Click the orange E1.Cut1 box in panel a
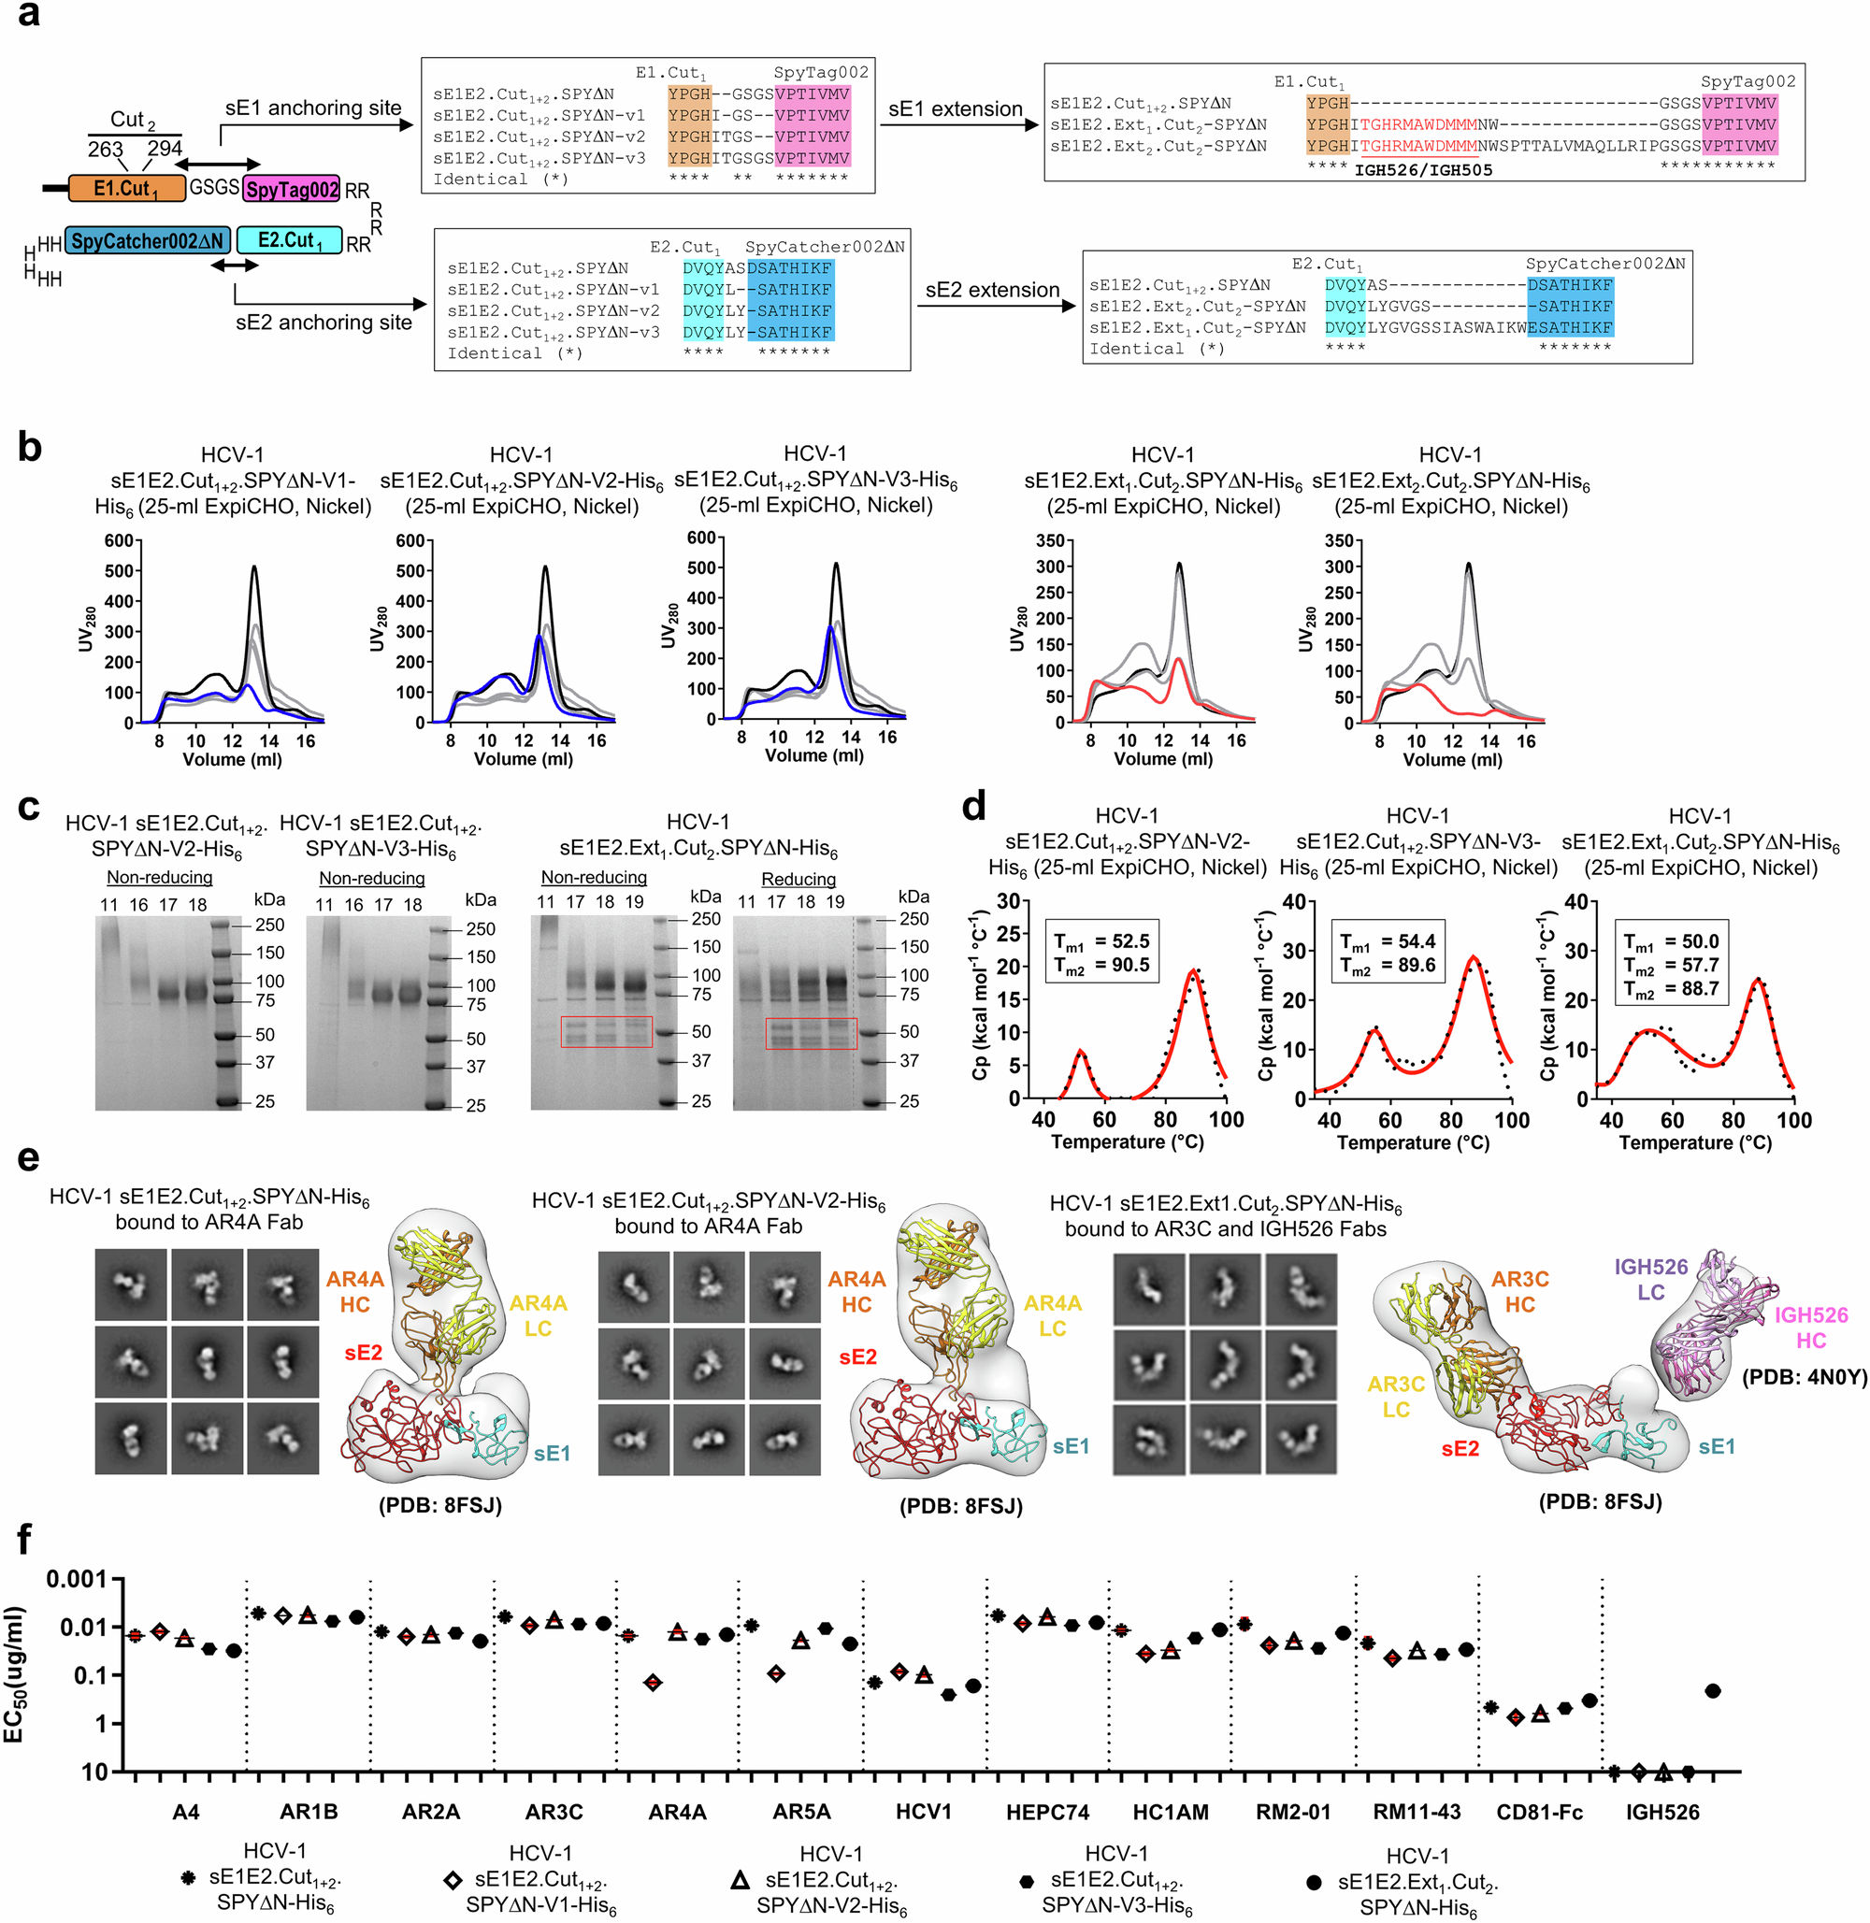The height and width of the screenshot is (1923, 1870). [127, 188]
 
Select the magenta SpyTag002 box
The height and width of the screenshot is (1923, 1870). [291, 189]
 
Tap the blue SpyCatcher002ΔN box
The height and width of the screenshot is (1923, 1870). [148, 240]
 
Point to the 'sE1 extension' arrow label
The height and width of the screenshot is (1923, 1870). [955, 109]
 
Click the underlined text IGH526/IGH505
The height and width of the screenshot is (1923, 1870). [1423, 170]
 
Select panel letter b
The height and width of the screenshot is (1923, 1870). [30, 447]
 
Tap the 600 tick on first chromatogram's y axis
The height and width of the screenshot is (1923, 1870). [119, 540]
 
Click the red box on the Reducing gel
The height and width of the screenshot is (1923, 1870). [811, 1033]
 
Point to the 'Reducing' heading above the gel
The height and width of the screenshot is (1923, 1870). [798, 879]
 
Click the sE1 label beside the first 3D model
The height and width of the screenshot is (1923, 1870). [552, 1453]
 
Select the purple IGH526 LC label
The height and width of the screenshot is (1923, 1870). [1651, 1279]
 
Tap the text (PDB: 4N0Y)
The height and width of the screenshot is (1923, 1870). [1805, 1377]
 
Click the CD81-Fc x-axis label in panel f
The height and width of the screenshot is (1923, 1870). [1539, 1812]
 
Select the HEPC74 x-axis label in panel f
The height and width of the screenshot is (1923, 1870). [1047, 1812]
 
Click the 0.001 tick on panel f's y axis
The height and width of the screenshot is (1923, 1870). [77, 1579]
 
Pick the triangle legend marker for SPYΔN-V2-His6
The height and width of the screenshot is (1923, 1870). [741, 1880]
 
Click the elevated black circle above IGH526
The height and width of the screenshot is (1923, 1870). [1713, 1691]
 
